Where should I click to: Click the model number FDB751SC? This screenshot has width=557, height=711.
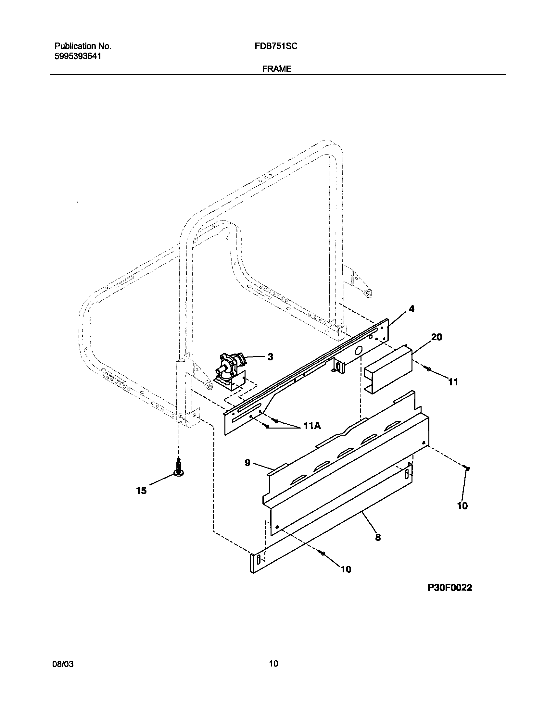[x=276, y=46]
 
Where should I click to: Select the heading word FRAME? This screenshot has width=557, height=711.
[x=276, y=69]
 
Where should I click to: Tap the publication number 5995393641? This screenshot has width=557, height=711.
[x=78, y=56]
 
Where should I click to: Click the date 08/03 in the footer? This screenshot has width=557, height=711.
[x=63, y=664]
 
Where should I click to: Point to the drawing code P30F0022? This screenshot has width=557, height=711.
[x=450, y=587]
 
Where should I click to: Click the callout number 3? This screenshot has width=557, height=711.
[x=270, y=357]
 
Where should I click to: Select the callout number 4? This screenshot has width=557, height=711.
[x=411, y=308]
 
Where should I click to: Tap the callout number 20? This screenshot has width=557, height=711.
[x=437, y=337]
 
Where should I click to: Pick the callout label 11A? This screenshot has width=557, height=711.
[x=312, y=426]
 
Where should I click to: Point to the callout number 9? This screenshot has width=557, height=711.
[x=247, y=463]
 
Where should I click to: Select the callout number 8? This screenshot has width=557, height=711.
[x=378, y=537]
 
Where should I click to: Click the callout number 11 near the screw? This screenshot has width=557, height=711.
[x=453, y=382]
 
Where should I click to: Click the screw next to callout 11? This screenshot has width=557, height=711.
[x=428, y=369]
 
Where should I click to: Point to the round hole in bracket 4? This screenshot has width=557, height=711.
[x=358, y=351]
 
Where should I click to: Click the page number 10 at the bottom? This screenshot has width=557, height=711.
[x=273, y=664]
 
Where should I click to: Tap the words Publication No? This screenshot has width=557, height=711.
[x=83, y=46]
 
